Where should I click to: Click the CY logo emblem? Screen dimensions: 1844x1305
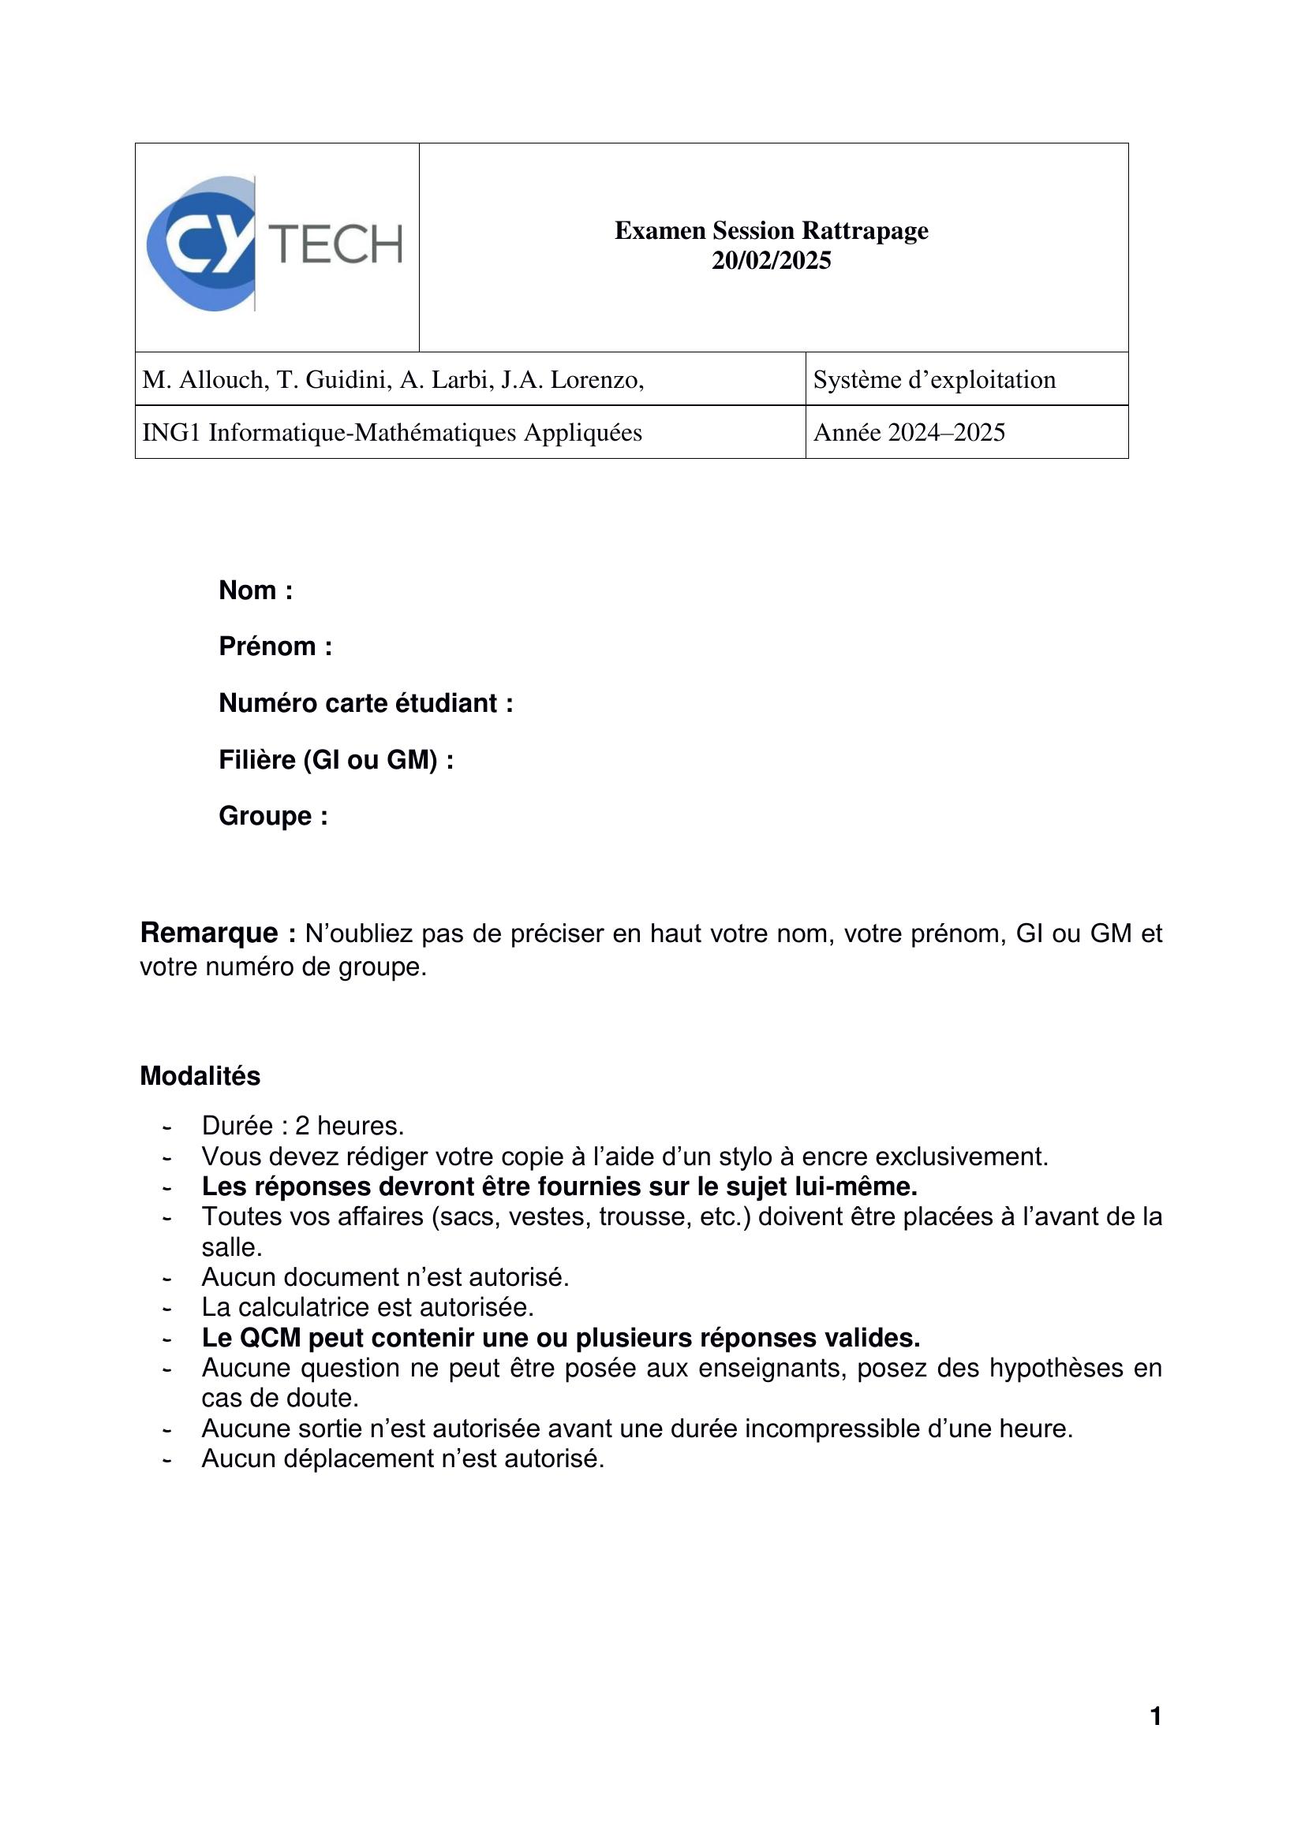point(201,244)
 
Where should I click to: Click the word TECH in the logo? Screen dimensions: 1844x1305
point(336,245)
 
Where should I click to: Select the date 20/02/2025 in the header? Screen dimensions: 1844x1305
point(771,261)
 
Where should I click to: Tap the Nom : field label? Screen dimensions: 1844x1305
point(256,590)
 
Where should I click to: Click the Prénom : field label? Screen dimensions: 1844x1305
point(275,646)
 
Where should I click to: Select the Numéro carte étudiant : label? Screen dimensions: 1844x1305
point(365,703)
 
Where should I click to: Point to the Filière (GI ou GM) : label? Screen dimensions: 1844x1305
point(336,760)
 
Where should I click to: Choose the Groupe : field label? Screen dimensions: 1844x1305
point(273,816)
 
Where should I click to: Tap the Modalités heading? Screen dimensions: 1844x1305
point(200,1076)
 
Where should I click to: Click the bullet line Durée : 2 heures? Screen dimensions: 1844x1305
point(303,1126)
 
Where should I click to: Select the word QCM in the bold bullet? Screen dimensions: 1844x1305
point(270,1338)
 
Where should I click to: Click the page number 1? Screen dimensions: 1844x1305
point(1156,1717)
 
